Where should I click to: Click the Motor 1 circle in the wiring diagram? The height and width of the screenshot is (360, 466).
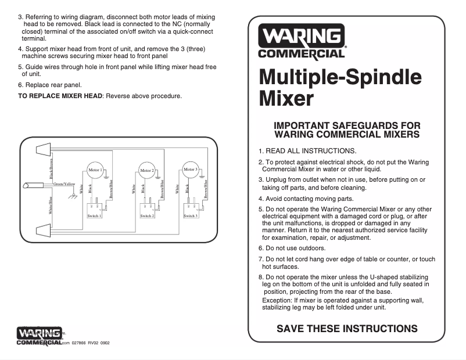pos(95,170)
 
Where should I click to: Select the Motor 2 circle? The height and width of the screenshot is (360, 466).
pos(146,171)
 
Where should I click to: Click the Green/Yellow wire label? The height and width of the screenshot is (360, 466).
pos(64,184)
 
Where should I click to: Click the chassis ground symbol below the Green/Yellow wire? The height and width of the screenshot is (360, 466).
pos(73,196)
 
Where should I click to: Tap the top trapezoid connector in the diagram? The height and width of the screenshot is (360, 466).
pos(44,150)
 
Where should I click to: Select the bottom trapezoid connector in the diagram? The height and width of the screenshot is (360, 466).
pos(44,230)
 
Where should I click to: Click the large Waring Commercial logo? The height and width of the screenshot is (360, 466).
pos(302,42)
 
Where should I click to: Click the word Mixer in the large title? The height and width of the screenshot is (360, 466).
pos(286,98)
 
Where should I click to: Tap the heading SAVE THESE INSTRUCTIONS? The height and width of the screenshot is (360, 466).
pos(347,329)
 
